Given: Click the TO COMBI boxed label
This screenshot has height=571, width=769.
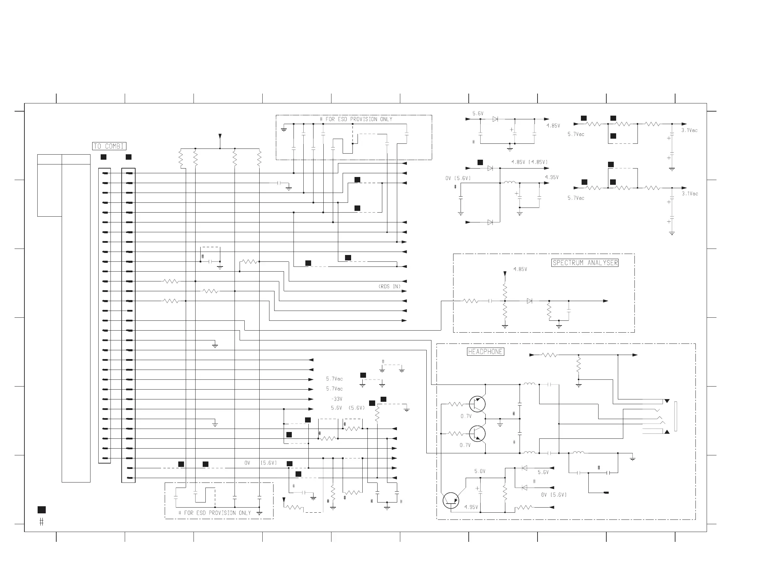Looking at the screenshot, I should pyautogui.click(x=109, y=146).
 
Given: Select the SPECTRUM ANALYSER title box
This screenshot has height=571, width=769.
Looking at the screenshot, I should pyautogui.click(x=585, y=263).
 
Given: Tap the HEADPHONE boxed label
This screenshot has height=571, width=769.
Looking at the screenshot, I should pyautogui.click(x=485, y=352).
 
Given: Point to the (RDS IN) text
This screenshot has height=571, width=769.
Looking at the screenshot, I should pyautogui.click(x=389, y=287).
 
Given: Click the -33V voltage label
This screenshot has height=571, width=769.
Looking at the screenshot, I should pyautogui.click(x=337, y=399).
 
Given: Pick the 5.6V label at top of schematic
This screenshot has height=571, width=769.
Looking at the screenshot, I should pyautogui.click(x=478, y=113).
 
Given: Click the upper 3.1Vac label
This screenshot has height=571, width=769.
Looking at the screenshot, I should pyautogui.click(x=689, y=130).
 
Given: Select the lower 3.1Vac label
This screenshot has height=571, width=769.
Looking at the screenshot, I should pyautogui.click(x=690, y=194).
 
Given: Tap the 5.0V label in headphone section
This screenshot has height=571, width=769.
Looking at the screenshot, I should pyautogui.click(x=480, y=471).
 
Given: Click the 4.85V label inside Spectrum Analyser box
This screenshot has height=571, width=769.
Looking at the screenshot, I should pyautogui.click(x=520, y=269).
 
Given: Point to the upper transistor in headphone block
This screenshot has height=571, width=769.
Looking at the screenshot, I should pyautogui.click(x=478, y=404).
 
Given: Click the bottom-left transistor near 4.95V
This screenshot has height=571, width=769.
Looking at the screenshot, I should pyautogui.click(x=451, y=500).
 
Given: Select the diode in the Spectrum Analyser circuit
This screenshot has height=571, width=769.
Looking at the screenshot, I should pyautogui.click(x=529, y=301).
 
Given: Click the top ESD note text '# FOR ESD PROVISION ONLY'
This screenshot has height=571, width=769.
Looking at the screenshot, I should pyautogui.click(x=356, y=119).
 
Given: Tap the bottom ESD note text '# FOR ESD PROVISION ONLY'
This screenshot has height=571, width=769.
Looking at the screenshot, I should pyautogui.click(x=215, y=513).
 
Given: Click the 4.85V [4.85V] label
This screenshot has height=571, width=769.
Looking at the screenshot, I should pyautogui.click(x=529, y=162).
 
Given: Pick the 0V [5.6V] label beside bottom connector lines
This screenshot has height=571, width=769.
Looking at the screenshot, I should pyautogui.click(x=261, y=463).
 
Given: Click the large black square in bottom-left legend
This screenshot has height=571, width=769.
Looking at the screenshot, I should pyautogui.click(x=41, y=510).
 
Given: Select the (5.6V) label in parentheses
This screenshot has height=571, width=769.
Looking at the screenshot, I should pyautogui.click(x=357, y=408).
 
